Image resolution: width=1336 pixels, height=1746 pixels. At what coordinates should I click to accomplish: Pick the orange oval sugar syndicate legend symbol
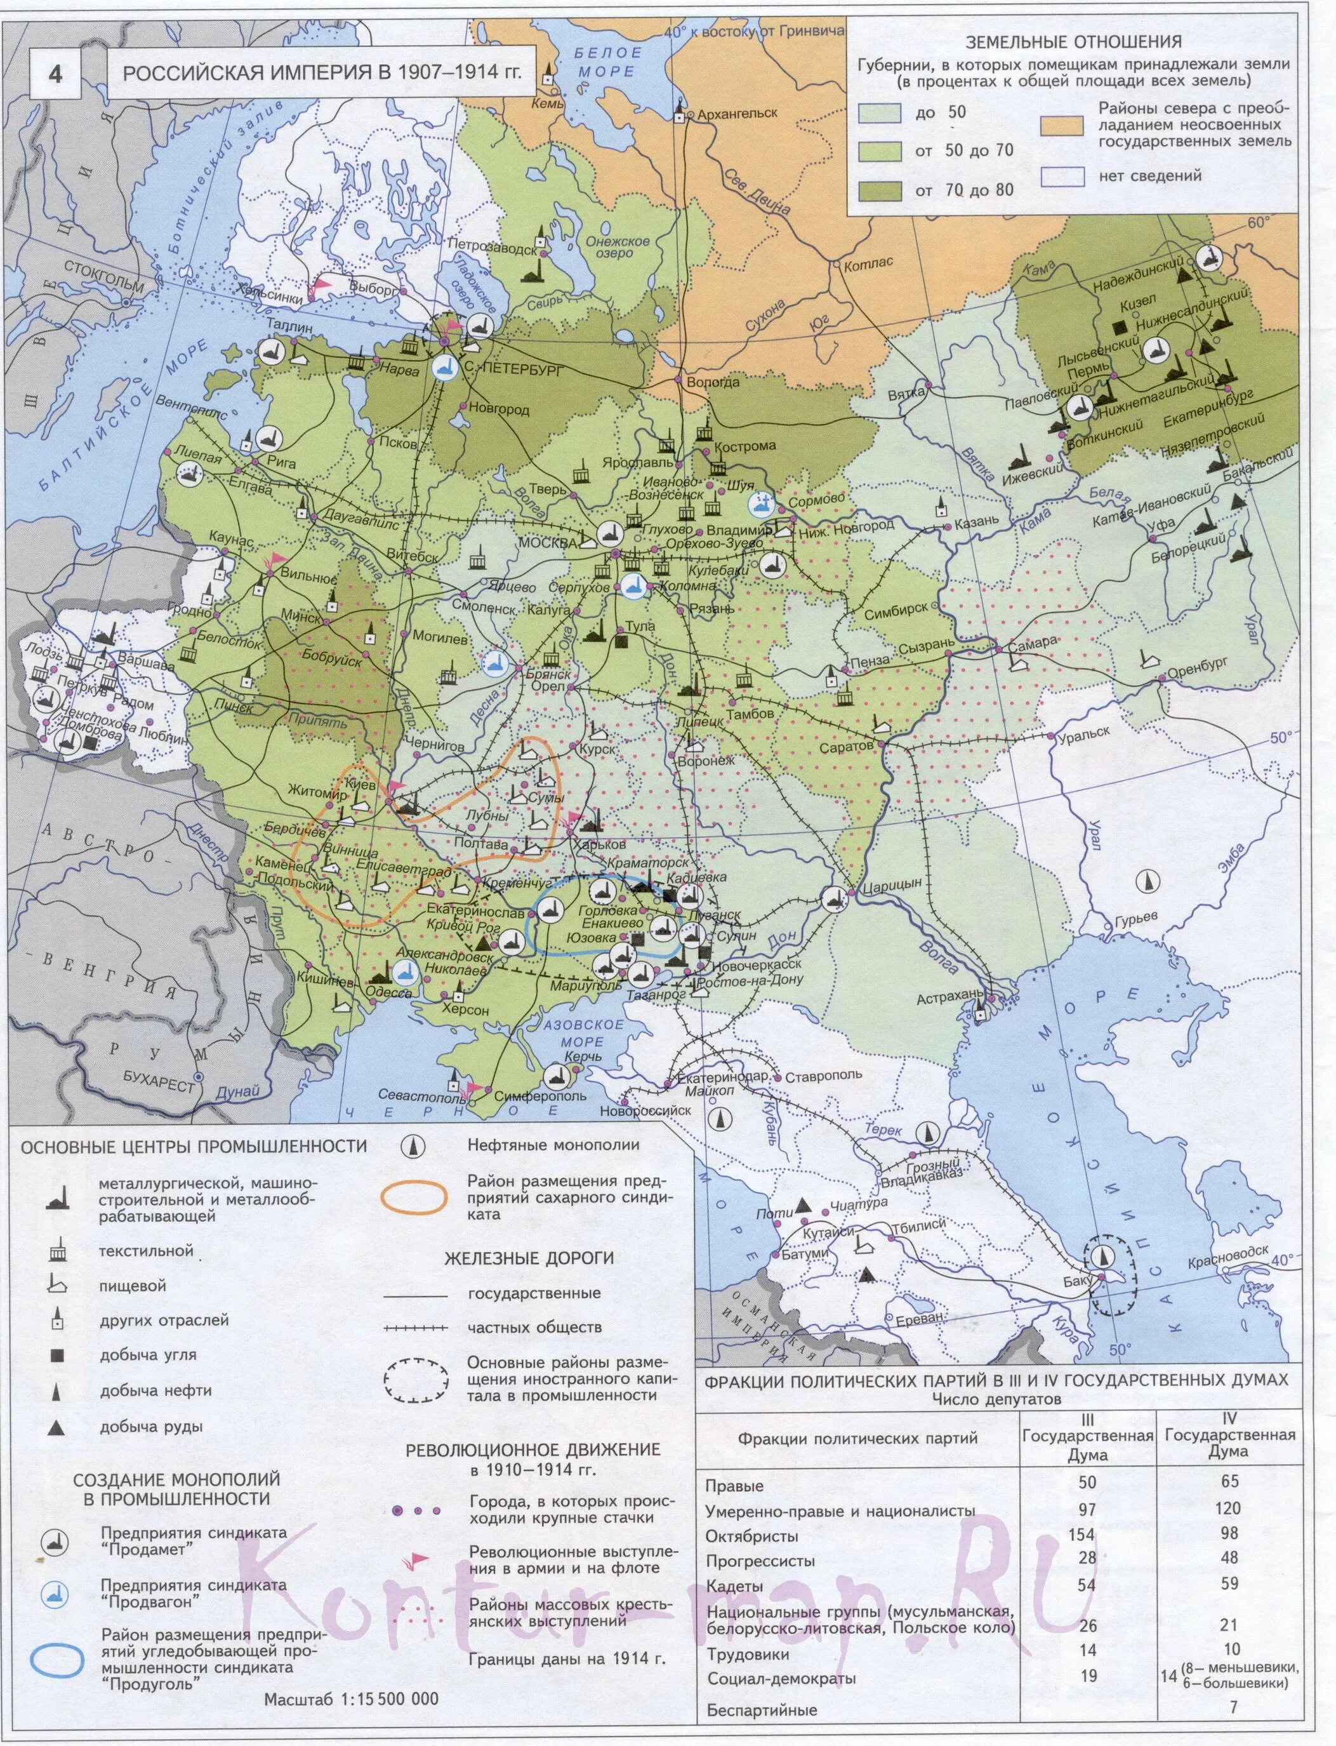(414, 1197)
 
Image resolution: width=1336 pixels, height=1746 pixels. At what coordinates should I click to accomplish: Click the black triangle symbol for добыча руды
(56, 1427)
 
